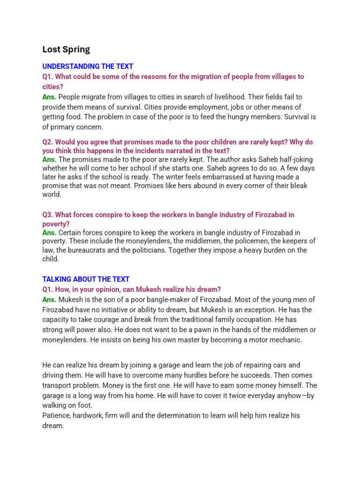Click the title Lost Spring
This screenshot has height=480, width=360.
tap(66, 49)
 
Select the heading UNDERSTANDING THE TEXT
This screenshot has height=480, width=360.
tap(88, 66)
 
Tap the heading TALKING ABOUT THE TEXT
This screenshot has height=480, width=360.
tap(86, 279)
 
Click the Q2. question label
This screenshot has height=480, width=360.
tap(48, 142)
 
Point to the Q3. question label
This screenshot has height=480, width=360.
tap(48, 214)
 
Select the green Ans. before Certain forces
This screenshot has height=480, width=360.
tap(49, 232)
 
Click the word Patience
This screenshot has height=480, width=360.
tap(57, 415)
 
